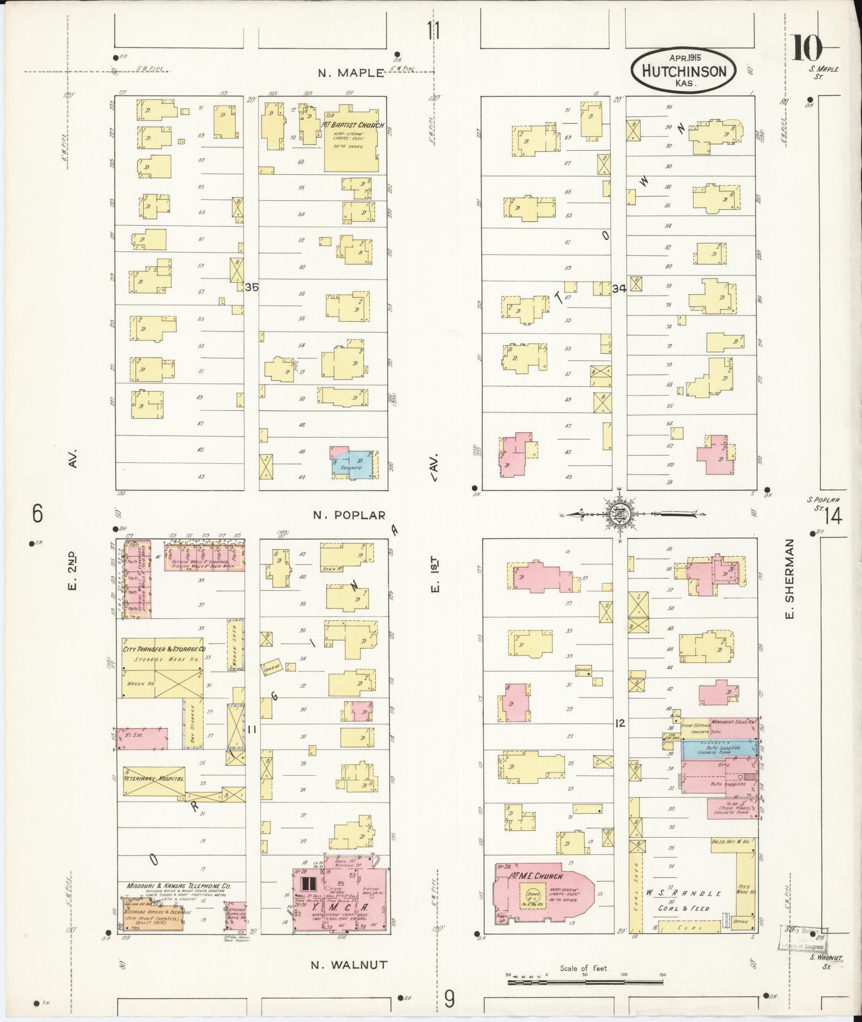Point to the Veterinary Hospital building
(x=153, y=779)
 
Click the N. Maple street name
(x=351, y=73)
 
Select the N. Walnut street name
(x=350, y=964)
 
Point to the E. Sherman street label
(x=790, y=578)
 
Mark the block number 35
(x=252, y=287)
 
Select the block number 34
(x=619, y=289)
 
